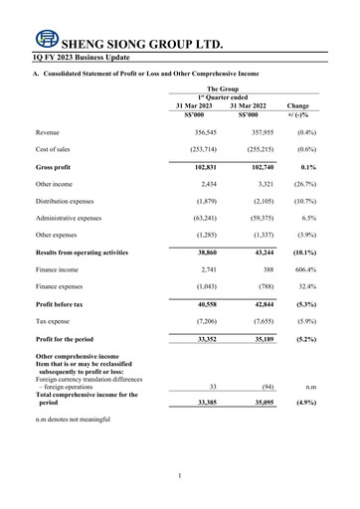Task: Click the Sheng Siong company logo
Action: [45, 41]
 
